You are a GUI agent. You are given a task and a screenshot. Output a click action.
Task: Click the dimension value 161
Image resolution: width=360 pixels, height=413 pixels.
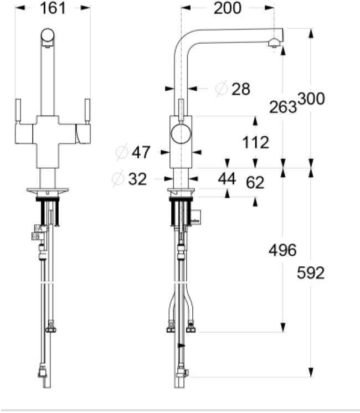pos(53,8)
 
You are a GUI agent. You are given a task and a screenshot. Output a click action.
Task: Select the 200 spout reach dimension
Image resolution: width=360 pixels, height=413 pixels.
pos(228,8)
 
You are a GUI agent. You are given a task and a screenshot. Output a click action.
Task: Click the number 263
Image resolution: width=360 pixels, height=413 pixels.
pos(283,106)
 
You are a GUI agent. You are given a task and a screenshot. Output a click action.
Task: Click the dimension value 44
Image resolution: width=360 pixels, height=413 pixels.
pos(227,179)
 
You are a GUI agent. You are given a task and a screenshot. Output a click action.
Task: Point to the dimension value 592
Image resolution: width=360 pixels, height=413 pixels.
pos(311,273)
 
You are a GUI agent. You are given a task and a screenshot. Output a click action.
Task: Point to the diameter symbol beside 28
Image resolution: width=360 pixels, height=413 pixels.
pos(220,88)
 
